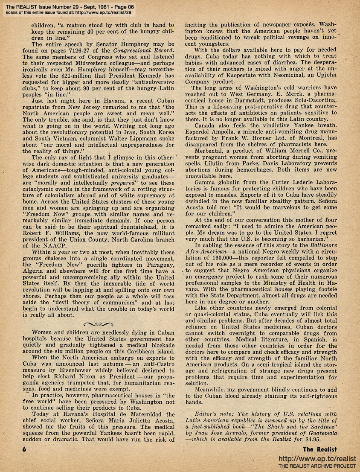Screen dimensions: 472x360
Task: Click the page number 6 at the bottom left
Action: (26, 449)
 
